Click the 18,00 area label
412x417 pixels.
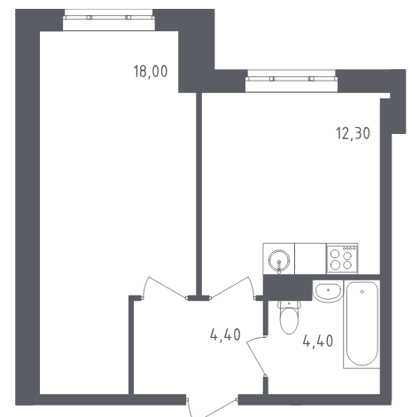tap(151, 72)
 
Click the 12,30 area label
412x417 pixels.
tap(353, 133)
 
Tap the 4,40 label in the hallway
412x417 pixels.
tap(225, 334)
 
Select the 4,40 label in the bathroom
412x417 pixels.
tap(318, 341)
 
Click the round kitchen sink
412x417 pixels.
tap(279, 260)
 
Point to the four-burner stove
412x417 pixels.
tap(342, 259)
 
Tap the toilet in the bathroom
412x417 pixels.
tap(289, 318)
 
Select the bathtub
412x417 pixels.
tap(361, 325)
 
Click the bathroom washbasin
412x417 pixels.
tap(328, 291)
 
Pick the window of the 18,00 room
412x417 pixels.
tap(109, 20)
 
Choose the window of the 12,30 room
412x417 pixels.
tap(292, 81)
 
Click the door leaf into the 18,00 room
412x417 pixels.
tap(167, 287)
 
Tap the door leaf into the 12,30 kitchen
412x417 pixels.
tap(229, 287)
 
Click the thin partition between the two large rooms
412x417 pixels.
tap(199, 194)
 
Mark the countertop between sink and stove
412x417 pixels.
tap(310, 259)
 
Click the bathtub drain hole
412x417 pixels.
tap(362, 292)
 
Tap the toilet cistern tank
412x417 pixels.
tap(289, 304)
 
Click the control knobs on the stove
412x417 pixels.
tap(349, 248)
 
